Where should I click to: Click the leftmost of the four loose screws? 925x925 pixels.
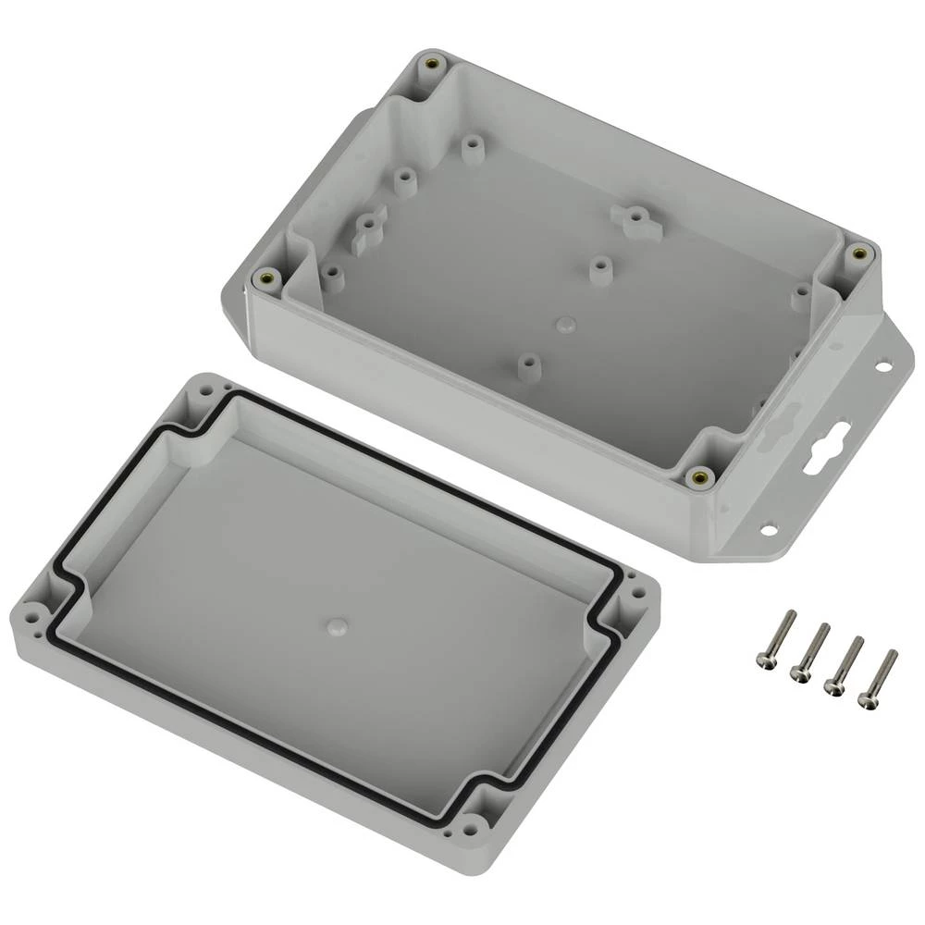pyautogui.click(x=775, y=639)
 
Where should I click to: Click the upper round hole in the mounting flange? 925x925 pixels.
pyautogui.click(x=882, y=367)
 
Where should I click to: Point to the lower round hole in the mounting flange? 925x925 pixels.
pyautogui.click(x=767, y=531)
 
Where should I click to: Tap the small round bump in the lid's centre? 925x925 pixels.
pyautogui.click(x=335, y=628)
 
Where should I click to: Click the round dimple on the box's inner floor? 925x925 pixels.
pyautogui.click(x=566, y=323)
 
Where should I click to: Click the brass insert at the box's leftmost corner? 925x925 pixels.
pyautogui.click(x=267, y=277)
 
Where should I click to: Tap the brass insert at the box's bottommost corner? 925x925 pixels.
pyautogui.click(x=700, y=477)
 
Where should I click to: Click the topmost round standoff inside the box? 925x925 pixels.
pyautogui.click(x=474, y=149)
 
